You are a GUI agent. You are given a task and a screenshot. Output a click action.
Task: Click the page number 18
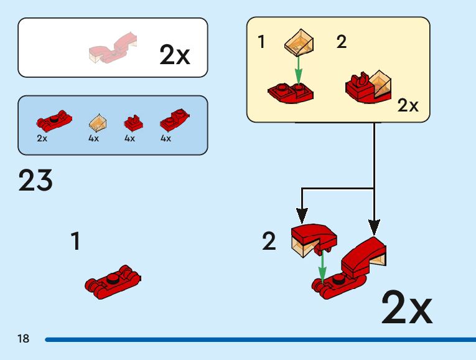click(24, 339)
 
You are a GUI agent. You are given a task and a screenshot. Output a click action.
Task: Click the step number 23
click(35, 181)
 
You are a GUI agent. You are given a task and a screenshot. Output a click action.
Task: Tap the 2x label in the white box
click(174, 55)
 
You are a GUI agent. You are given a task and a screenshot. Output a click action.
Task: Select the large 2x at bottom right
click(406, 307)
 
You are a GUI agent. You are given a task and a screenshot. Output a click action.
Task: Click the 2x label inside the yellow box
click(408, 106)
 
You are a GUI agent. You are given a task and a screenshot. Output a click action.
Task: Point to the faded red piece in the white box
click(112, 49)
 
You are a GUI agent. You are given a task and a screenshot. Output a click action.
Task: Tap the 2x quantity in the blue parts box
click(42, 138)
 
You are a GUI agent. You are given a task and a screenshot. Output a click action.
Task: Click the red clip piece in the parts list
click(131, 121)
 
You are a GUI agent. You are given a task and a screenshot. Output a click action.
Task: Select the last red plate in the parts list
click(173, 120)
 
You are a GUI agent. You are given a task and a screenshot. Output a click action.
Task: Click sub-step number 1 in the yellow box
click(261, 42)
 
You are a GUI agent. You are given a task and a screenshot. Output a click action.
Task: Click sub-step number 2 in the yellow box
click(341, 42)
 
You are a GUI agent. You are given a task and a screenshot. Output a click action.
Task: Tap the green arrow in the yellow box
click(298, 69)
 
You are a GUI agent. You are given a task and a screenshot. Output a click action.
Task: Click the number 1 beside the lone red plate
click(75, 241)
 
